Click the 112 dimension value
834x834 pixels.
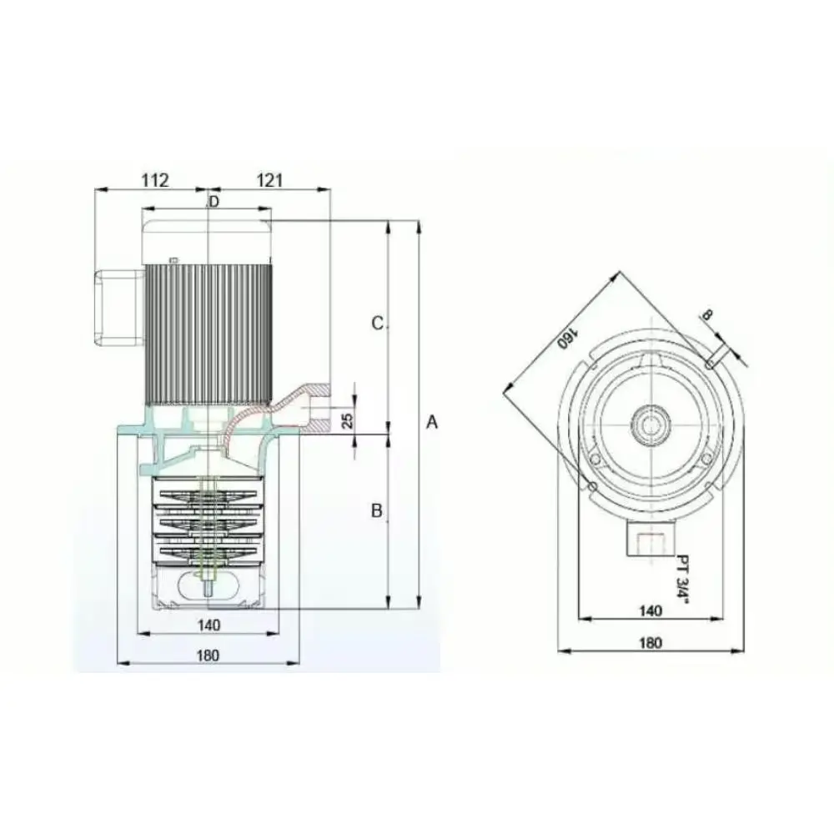tap(155, 180)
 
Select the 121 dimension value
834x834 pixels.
tap(269, 180)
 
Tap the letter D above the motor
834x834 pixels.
tap(214, 202)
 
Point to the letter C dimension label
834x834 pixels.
tap(377, 324)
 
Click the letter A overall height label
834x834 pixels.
tap(432, 423)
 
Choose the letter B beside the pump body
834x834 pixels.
tap(377, 511)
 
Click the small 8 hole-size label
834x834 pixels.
tap(706, 315)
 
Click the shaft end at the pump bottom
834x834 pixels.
tap(206, 586)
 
